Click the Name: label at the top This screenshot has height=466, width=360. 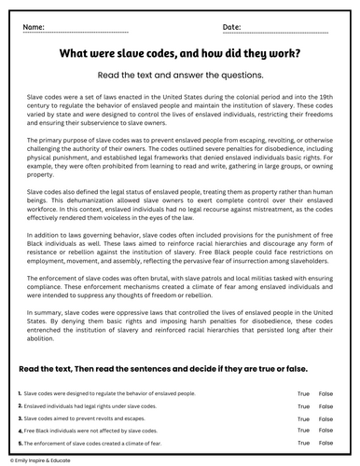tap(35, 29)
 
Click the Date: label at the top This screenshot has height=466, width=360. tap(232, 29)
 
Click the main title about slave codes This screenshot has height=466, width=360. tap(180, 54)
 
